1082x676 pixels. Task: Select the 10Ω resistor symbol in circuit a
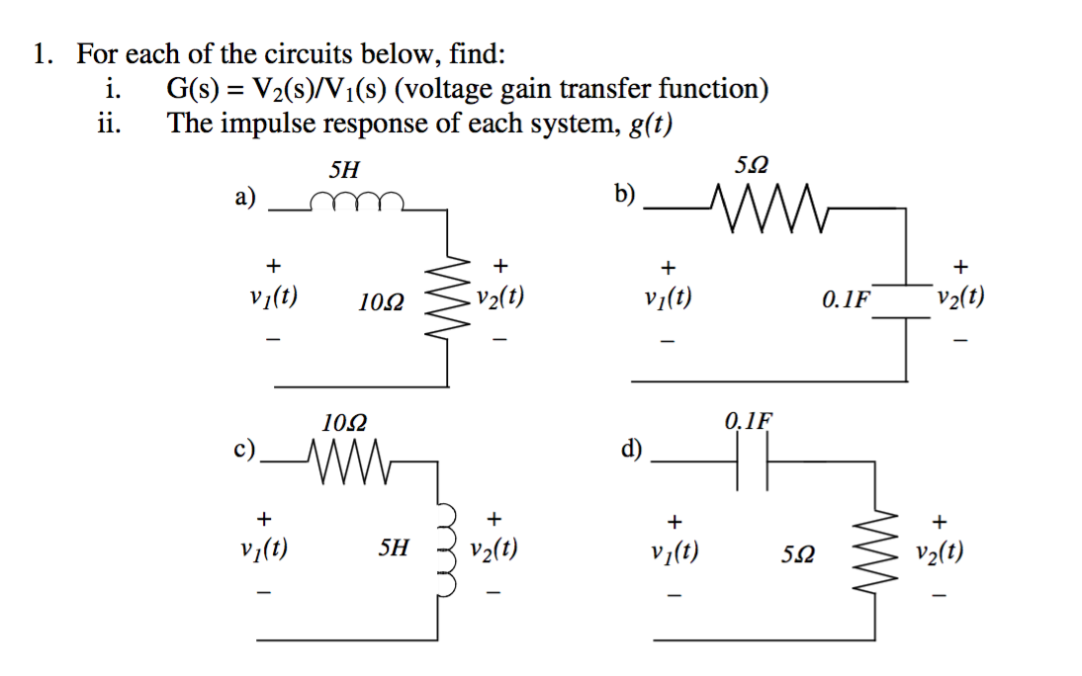click(452, 297)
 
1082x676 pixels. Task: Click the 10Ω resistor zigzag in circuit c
click(352, 459)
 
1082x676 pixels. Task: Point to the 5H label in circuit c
click(394, 548)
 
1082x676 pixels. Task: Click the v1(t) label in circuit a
click(277, 297)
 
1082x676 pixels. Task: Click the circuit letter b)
click(624, 195)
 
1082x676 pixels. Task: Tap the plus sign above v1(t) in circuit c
click(263, 517)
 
